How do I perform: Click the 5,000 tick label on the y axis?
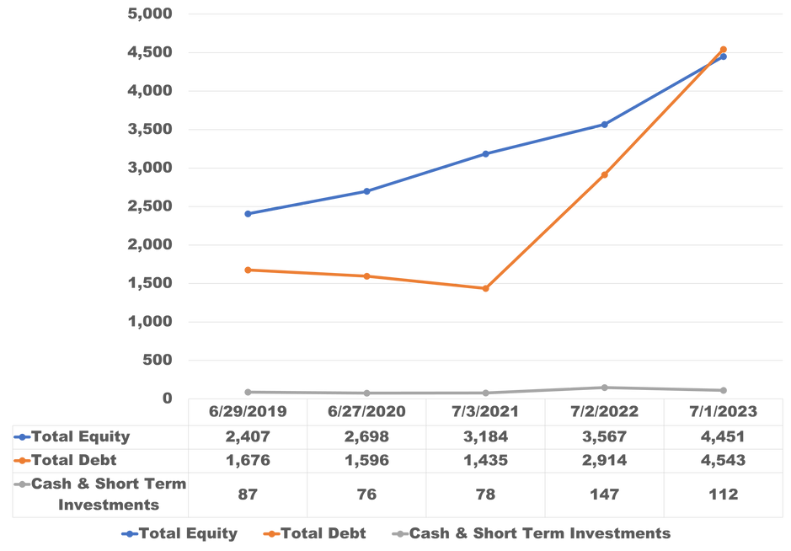click(150, 13)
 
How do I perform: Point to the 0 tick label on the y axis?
click(168, 398)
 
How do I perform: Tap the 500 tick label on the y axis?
click(158, 360)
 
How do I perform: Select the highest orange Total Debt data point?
click(723, 49)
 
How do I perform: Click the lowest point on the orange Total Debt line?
click(485, 289)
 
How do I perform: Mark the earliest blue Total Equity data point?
click(248, 214)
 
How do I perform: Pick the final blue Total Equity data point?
click(723, 57)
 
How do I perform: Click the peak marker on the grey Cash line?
click(604, 387)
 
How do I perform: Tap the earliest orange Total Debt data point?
click(248, 270)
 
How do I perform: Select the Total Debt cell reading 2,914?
click(604, 460)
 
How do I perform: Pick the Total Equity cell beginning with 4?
click(723, 436)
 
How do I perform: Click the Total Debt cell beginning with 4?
click(723, 460)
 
